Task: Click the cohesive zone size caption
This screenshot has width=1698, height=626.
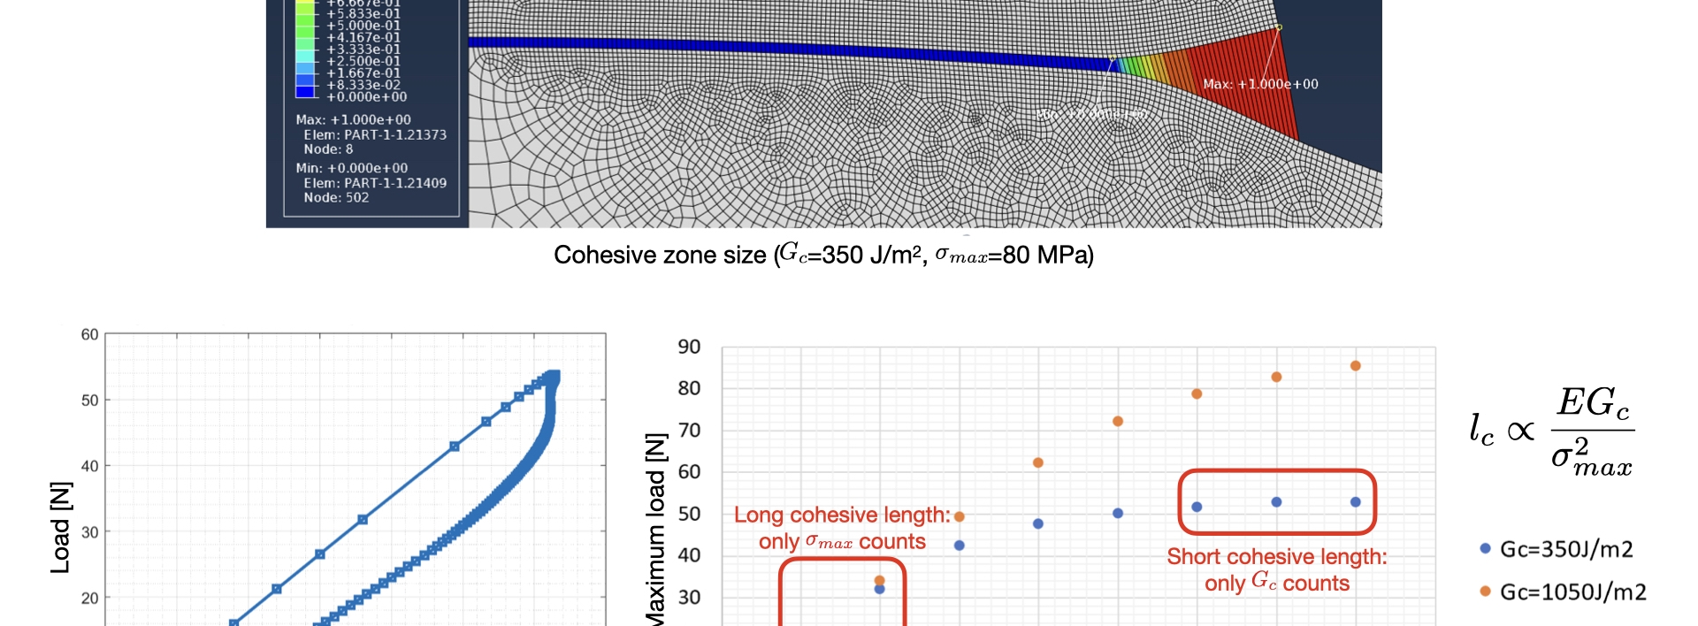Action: pos(823,256)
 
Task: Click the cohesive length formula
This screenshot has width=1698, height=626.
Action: pos(1551,431)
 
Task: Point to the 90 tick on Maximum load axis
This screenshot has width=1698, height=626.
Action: pos(689,347)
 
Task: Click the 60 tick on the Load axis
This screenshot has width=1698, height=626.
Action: pos(89,335)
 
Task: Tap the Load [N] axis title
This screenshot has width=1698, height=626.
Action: pos(60,528)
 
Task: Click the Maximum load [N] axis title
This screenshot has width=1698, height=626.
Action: pos(655,531)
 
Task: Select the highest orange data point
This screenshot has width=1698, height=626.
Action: pos(1355,366)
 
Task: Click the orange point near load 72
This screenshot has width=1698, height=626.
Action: pos(1118,422)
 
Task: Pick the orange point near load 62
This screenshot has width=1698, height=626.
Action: pos(1038,463)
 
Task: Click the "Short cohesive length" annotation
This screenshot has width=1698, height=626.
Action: pos(1276,569)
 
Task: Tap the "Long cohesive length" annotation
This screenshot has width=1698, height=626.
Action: pos(841,528)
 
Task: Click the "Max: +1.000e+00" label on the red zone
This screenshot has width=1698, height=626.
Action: pos(1260,85)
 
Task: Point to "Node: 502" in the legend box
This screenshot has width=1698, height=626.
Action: pos(336,198)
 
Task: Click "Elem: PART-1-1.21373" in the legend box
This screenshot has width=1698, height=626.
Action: pos(375,135)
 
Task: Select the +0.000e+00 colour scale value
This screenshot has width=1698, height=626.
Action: pos(366,97)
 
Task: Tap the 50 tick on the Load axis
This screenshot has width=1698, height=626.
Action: pos(89,401)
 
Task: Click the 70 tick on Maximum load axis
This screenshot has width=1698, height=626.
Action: pos(689,431)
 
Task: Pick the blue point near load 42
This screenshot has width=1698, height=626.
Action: pos(959,546)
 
